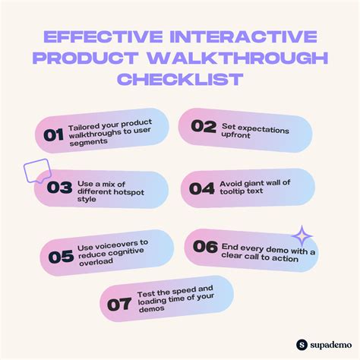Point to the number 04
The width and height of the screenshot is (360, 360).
click(x=202, y=188)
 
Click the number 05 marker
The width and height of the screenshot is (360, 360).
click(x=61, y=256)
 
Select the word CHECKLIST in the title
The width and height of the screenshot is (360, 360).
click(x=180, y=80)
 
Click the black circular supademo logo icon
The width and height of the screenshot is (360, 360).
click(x=301, y=344)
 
